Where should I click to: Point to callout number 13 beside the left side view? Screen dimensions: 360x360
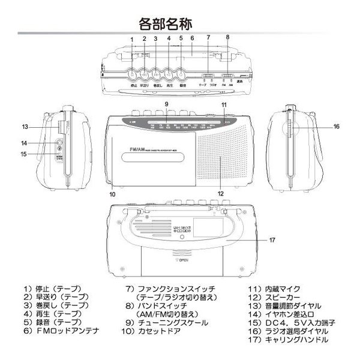(x=25, y=127)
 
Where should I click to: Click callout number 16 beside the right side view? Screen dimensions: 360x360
(x=337, y=127)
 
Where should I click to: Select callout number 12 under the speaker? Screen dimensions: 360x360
(x=221, y=194)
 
